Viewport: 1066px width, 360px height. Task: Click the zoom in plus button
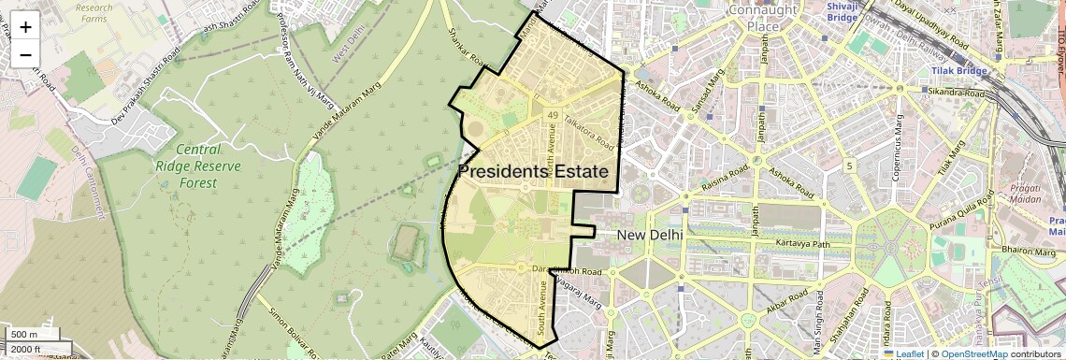pyautogui.click(x=25, y=26)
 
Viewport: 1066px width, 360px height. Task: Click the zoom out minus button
pyautogui.click(x=25, y=54)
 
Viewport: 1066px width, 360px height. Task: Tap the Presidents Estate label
pyautogui.click(x=533, y=172)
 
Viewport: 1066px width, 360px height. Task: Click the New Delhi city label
pyautogui.click(x=650, y=234)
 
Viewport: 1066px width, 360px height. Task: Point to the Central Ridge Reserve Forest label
pyautogui.click(x=198, y=166)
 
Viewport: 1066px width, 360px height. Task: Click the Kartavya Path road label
pyautogui.click(x=803, y=244)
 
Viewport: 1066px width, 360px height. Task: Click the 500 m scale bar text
pyautogui.click(x=24, y=335)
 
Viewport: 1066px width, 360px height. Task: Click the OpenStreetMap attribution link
pyautogui.click(x=974, y=353)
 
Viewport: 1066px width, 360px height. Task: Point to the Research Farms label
pyautogui.click(x=94, y=13)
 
